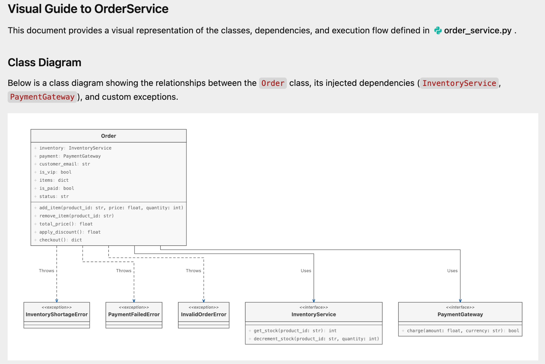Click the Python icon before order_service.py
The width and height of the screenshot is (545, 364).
click(x=438, y=31)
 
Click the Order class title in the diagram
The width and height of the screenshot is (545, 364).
click(x=109, y=136)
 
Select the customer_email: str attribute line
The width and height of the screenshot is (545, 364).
click(x=65, y=164)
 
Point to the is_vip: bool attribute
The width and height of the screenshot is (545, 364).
click(x=55, y=172)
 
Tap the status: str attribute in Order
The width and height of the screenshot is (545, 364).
click(x=54, y=196)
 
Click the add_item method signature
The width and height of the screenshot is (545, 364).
click(x=111, y=208)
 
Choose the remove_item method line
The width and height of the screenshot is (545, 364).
click(x=77, y=216)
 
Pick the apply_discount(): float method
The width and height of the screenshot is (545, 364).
click(x=70, y=232)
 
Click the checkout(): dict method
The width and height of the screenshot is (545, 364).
click(x=61, y=240)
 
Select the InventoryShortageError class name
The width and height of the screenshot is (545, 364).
click(x=57, y=315)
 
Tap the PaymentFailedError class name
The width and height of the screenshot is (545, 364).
click(x=134, y=315)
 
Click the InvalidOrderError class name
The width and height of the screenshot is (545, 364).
click(x=204, y=315)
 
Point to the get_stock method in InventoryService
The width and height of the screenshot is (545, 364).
click(x=295, y=331)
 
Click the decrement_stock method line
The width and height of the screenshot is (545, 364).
click(x=316, y=339)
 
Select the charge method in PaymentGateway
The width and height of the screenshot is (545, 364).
click(x=463, y=331)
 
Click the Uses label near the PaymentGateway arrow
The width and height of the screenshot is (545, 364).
click(x=452, y=271)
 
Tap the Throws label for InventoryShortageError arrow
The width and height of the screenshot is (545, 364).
click(x=47, y=271)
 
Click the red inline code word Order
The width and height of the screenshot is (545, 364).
click(x=273, y=83)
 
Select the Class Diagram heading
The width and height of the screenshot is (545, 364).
click(x=44, y=63)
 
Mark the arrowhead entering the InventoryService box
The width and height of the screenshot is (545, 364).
click(x=314, y=300)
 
